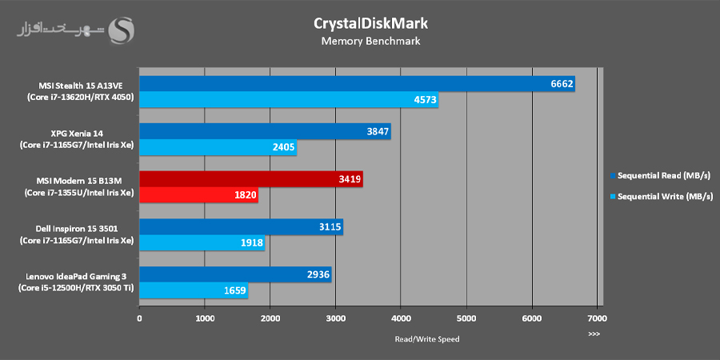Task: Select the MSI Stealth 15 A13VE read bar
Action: point(357,84)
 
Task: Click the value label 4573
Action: point(420,100)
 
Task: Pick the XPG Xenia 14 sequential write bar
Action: point(218,148)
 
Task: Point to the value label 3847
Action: point(373,132)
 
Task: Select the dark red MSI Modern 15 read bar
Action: point(251,180)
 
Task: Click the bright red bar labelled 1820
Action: point(198,196)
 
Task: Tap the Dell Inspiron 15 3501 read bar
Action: point(241,227)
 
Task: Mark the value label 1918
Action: point(250,243)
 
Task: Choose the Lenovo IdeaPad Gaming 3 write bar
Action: point(194,291)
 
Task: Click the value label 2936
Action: point(314,275)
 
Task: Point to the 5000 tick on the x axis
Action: point(466,318)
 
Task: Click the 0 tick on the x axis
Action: point(140,318)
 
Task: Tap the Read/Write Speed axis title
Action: point(427,338)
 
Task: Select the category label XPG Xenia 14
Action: point(71,133)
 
